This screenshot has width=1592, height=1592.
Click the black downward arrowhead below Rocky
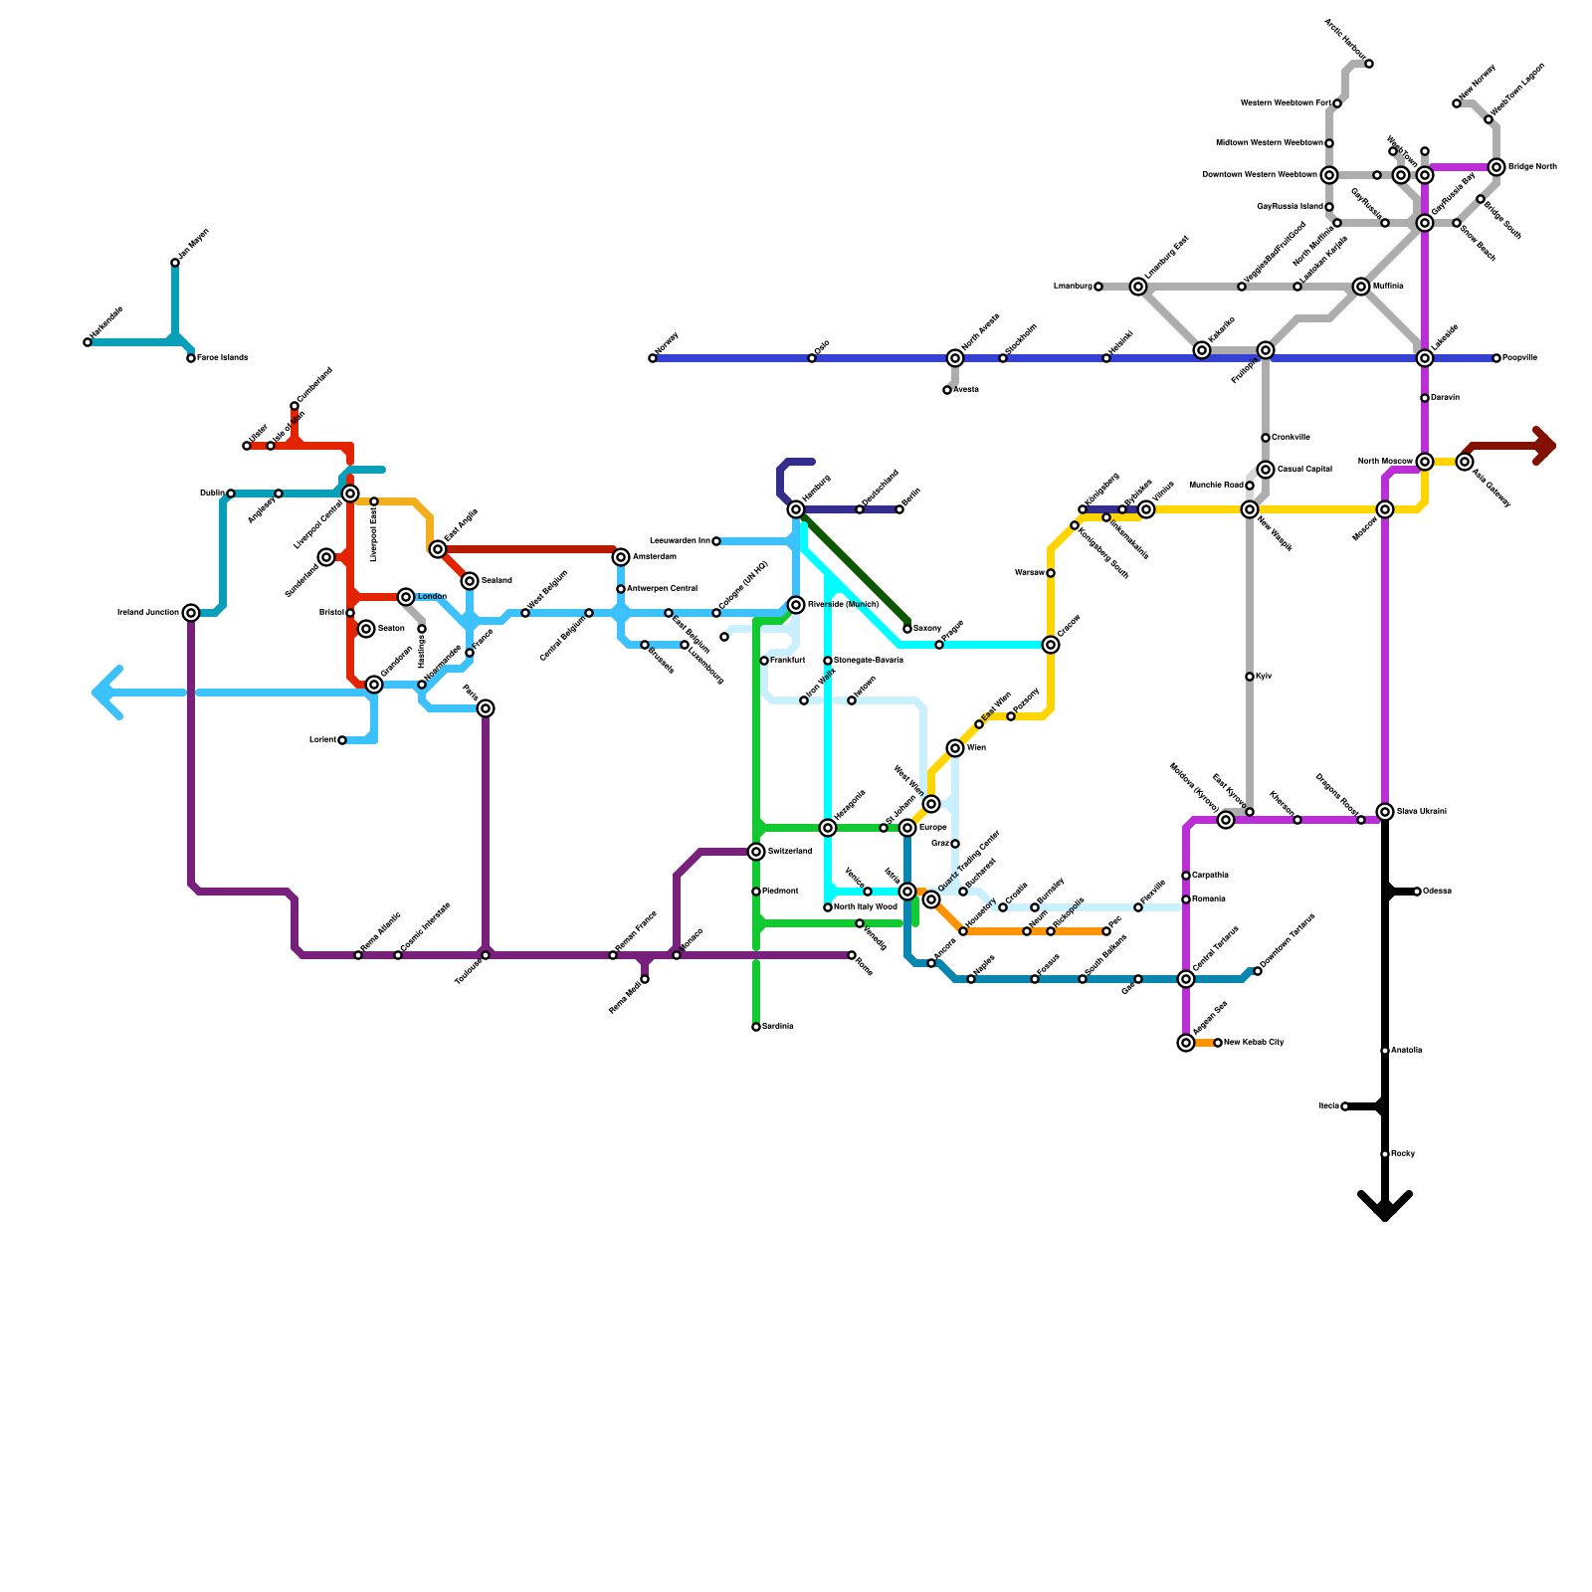tap(1385, 1206)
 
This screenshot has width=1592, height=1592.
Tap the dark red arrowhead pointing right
tap(1544, 446)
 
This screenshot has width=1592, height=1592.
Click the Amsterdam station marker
tap(621, 557)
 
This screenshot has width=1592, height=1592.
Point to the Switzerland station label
tap(790, 852)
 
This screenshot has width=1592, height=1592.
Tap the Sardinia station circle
tap(756, 1027)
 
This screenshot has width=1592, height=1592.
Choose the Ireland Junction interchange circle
tap(191, 613)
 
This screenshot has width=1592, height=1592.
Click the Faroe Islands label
tap(222, 358)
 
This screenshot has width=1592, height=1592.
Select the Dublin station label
tap(211, 494)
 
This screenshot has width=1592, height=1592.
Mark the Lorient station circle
tap(342, 740)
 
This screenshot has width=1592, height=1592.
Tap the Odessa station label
tap(1437, 892)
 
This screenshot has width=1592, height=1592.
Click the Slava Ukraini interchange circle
tap(1385, 812)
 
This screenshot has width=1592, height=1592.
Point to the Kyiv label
tap(1264, 677)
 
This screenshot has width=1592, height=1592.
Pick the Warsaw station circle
tap(1051, 573)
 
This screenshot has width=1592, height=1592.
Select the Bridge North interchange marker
tap(1496, 167)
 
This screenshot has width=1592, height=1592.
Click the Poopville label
tap(1519, 358)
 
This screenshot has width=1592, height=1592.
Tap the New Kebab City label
tap(1254, 1043)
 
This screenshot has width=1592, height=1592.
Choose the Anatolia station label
tap(1406, 1051)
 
